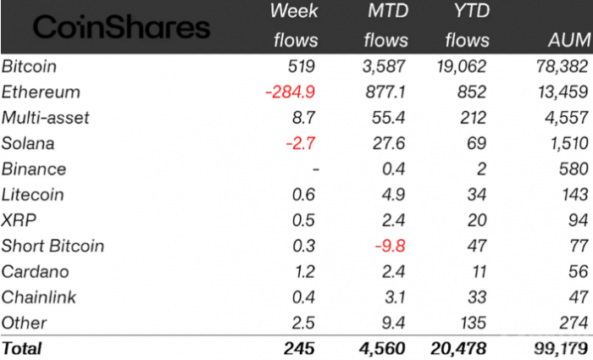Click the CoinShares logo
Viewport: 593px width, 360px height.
pos(121,28)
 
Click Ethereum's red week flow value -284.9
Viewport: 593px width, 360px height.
pos(291,91)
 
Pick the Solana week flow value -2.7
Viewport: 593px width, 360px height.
pos(300,143)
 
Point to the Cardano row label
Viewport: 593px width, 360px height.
pos(36,272)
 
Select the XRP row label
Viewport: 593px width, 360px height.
pos(18,220)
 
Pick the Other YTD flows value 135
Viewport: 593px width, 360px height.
pos(474,323)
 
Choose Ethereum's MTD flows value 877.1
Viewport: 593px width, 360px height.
pos(385,91)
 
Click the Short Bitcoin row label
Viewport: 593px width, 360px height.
pos(53,246)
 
